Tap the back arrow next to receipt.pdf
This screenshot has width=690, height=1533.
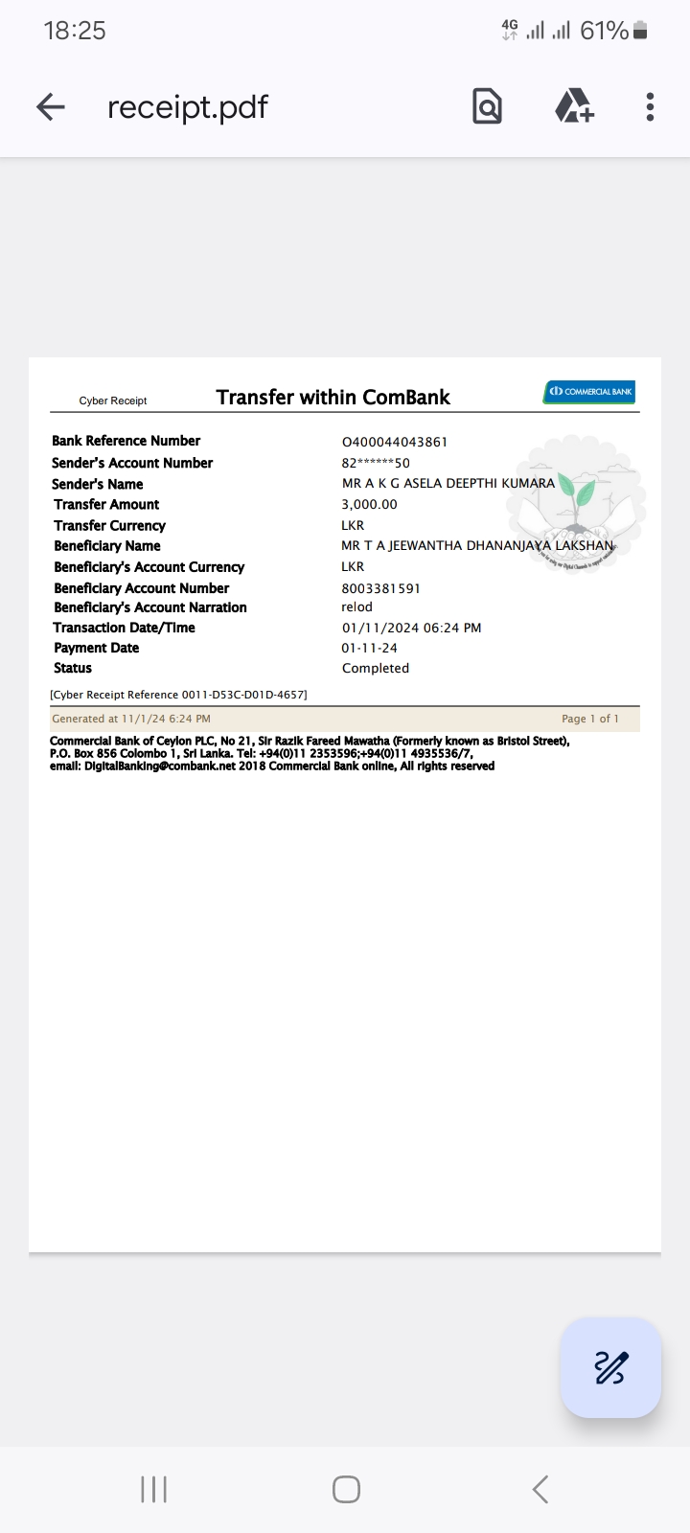tap(51, 106)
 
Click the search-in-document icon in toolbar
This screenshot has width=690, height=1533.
tap(487, 106)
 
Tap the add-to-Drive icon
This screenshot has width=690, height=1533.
tap(574, 106)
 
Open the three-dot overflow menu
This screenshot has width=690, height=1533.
tap(650, 106)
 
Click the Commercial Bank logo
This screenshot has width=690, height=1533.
tap(589, 391)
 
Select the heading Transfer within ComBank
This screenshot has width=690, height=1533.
tap(333, 397)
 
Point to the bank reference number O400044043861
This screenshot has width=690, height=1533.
tap(394, 442)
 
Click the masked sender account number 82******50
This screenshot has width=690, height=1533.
tap(376, 463)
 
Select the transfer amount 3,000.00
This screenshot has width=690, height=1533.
tap(369, 504)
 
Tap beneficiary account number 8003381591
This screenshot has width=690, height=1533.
tap(380, 588)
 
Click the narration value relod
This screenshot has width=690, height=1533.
tap(356, 606)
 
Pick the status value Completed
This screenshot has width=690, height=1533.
tap(375, 668)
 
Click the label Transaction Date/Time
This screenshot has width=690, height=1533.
tap(124, 628)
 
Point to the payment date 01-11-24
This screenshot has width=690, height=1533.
tap(369, 648)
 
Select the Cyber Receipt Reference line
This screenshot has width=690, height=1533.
tap(178, 695)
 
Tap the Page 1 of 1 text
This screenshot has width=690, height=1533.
tap(589, 719)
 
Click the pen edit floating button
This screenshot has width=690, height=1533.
tap(610, 1367)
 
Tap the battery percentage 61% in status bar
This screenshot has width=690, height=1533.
tap(604, 31)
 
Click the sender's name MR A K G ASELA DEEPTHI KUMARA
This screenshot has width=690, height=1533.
tap(448, 483)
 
